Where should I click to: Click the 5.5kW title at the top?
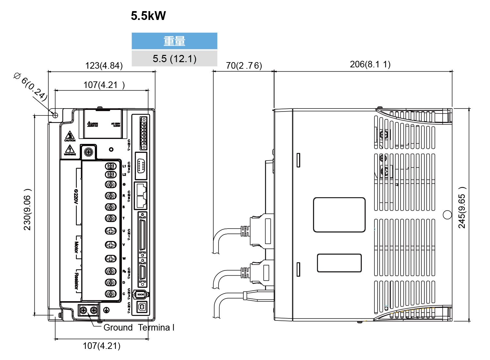pos(148,16)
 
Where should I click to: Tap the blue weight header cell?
pos(174,41)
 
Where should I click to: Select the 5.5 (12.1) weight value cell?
pos(174,59)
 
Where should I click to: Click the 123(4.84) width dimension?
pos(104,66)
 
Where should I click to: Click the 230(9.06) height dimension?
pos(27,210)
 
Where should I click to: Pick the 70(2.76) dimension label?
pos(244,66)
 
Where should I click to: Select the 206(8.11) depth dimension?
pos(370,64)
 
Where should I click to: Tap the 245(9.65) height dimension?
pos(462,208)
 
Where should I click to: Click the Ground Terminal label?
pos(139,328)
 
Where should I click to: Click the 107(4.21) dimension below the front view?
pos(102,346)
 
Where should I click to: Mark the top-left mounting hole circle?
pos(55,115)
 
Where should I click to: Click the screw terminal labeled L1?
pos(111,166)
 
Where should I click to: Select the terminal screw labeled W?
pos(111,258)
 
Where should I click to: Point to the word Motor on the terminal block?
pos(76,248)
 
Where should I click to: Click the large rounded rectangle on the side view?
pos(339,215)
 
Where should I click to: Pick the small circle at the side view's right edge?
pos(447,215)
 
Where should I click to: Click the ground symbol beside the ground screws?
pos(106,310)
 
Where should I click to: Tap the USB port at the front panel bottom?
pos(142,307)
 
